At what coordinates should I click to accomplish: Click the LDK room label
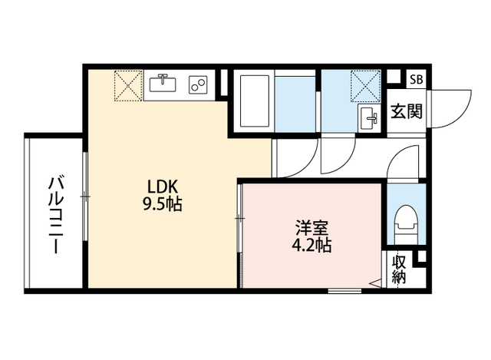click(x=163, y=187)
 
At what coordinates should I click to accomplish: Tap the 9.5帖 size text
click(x=163, y=205)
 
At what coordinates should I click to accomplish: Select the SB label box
click(x=415, y=79)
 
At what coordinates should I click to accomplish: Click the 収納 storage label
click(x=399, y=269)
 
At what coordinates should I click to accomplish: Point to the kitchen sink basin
click(x=163, y=82)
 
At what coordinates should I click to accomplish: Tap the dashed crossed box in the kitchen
click(x=127, y=84)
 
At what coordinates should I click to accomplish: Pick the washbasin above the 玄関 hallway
click(x=369, y=118)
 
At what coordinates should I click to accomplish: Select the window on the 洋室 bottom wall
click(x=344, y=290)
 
